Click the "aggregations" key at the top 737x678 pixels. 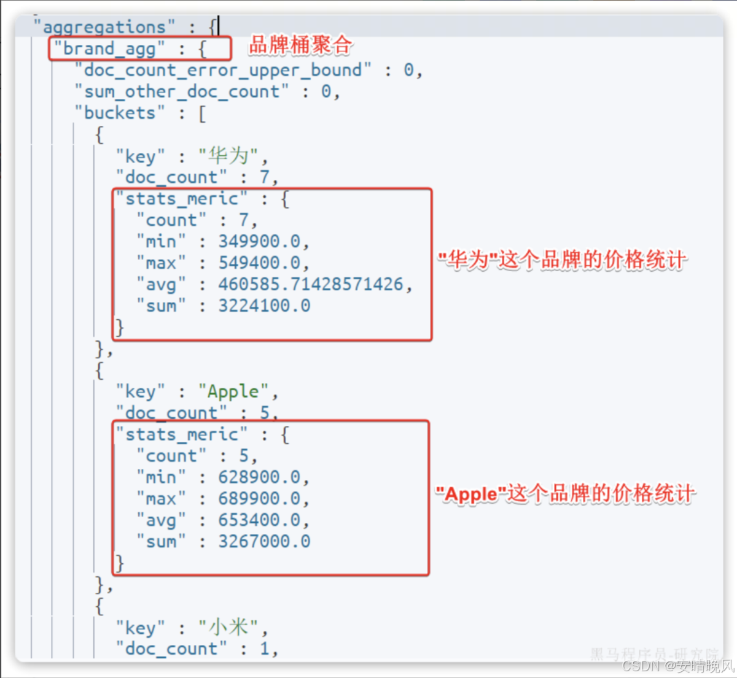pos(104,27)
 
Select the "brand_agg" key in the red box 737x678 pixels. pos(109,48)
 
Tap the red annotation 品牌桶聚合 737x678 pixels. pos(300,45)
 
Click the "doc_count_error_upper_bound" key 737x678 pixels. pos(223,70)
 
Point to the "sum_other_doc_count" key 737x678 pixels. pos(182,91)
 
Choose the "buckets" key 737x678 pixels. pos(120,113)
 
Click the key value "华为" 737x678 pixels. pos(228,156)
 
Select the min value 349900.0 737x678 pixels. pos(259,242)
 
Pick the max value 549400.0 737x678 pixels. pos(259,263)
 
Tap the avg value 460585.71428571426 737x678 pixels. pos(311,284)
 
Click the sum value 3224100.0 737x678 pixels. pos(265,306)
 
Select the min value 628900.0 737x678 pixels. pos(259,477)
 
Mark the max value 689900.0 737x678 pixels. pos(259,498)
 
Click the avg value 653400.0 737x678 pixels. pos(259,520)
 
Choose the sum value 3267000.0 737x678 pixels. pos(265,541)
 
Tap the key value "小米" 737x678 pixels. pos(228,627)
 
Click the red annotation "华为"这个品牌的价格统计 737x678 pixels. pos(562,260)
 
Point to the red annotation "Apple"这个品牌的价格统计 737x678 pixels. pos(565,493)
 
